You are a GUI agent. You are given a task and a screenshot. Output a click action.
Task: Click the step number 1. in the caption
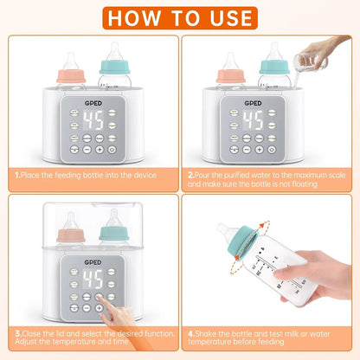(x=16, y=175)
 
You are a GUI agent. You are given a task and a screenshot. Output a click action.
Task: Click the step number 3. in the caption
(x=16, y=331)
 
